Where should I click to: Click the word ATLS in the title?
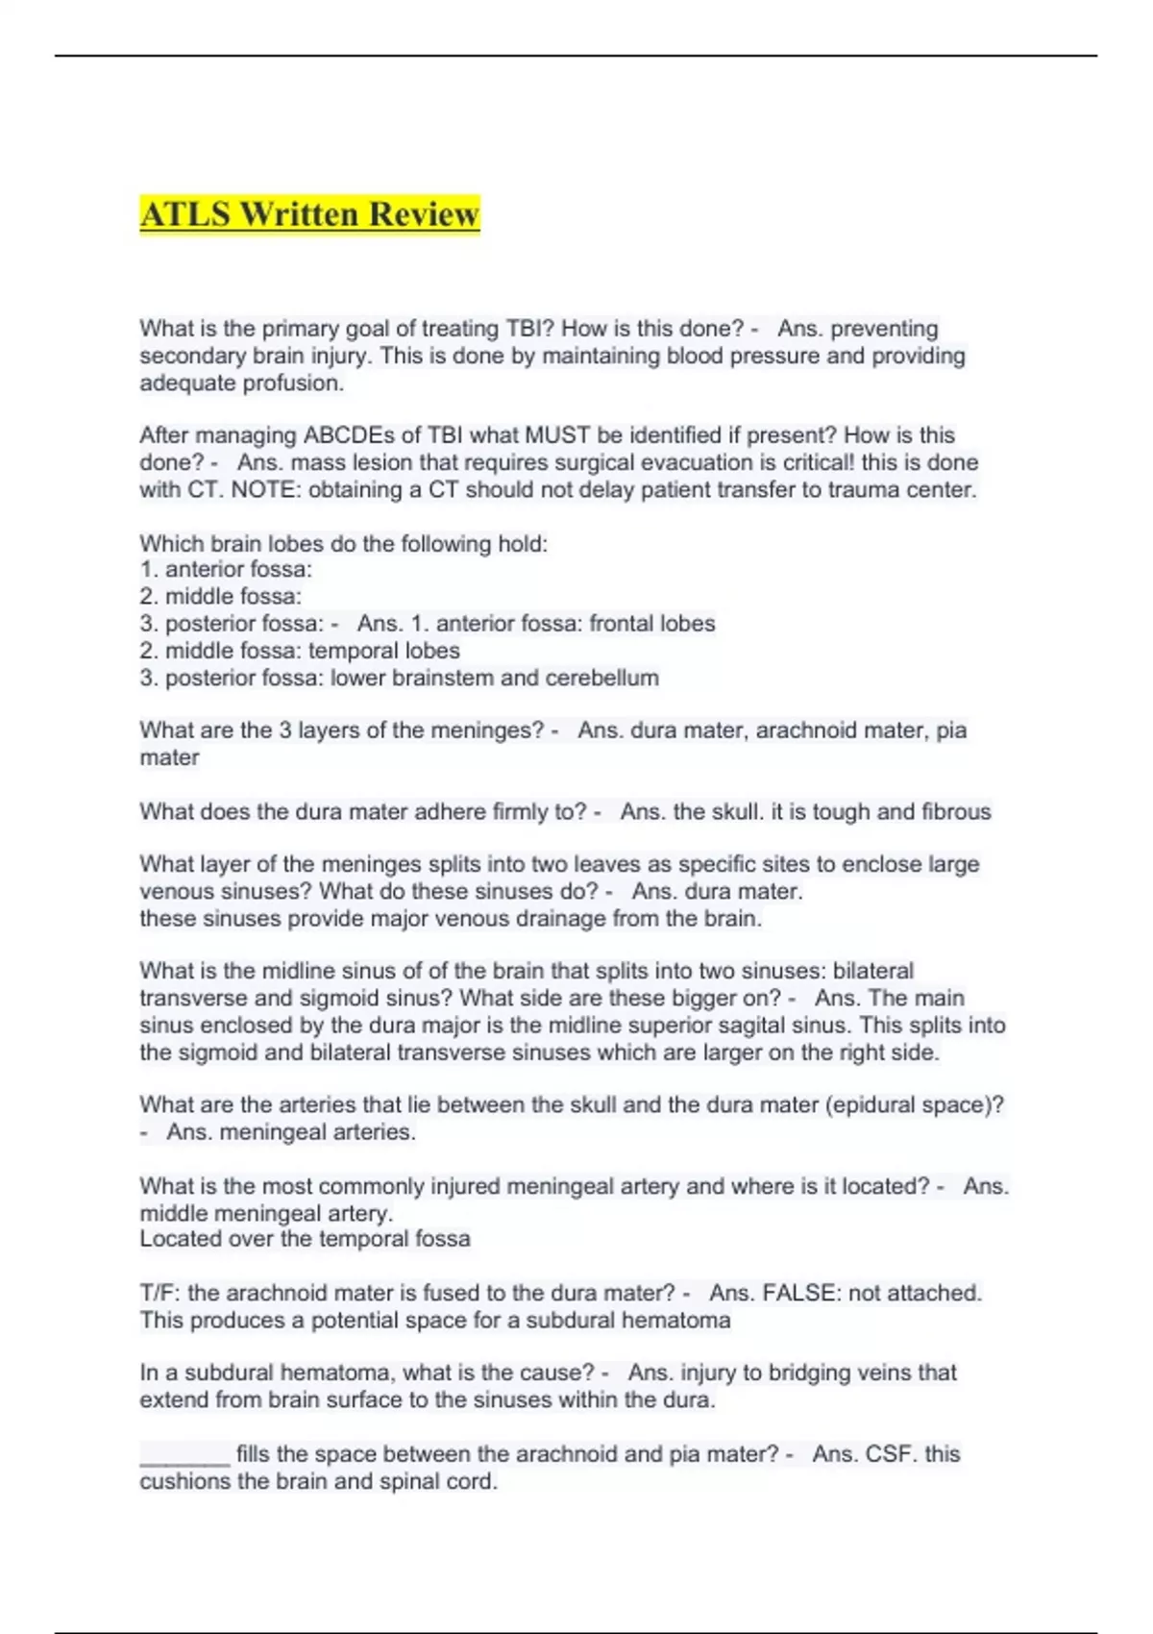184,213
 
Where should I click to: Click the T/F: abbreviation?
160,1293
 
